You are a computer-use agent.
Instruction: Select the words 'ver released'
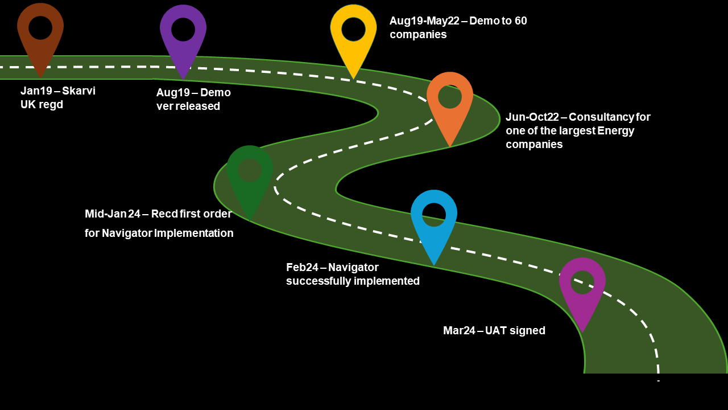pos(188,106)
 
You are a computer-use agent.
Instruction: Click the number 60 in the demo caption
pos(520,21)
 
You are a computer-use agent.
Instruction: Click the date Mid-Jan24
pos(113,214)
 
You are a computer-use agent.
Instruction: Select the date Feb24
pos(302,268)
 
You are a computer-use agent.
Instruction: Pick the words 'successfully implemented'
pos(353,281)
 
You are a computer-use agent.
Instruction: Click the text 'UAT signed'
pos(515,331)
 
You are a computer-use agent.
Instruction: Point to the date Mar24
pos(459,331)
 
